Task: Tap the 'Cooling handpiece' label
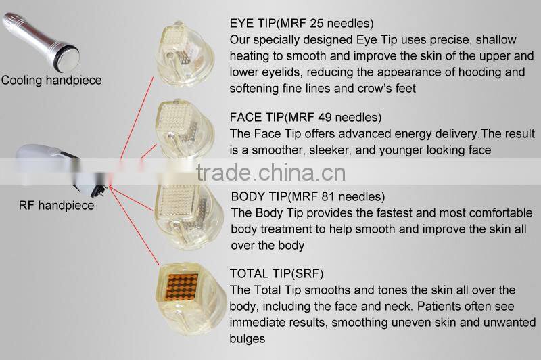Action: pyautogui.click(x=51, y=81)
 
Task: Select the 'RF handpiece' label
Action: pyautogui.click(x=56, y=205)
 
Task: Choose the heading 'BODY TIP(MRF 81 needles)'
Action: pyautogui.click(x=308, y=198)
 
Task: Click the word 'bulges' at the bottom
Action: pyautogui.click(x=248, y=338)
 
